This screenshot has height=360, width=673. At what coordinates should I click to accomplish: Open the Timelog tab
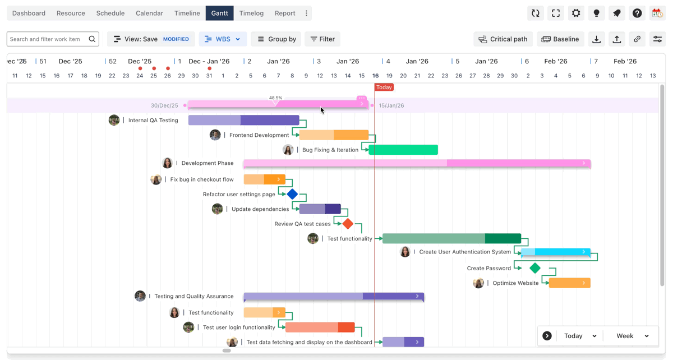[251, 13]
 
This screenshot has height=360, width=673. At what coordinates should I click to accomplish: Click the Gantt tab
[219, 13]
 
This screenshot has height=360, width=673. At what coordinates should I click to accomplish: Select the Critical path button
[503, 39]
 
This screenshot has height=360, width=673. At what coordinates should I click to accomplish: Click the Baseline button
[560, 39]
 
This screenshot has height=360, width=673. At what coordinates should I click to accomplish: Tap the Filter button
[322, 39]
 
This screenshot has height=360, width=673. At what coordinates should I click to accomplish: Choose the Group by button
[276, 39]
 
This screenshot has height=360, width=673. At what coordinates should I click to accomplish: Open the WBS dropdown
[223, 39]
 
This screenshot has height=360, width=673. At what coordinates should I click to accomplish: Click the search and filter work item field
[48, 39]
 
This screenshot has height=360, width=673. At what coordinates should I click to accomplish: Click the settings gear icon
[576, 13]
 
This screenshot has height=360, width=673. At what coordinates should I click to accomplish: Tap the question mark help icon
[637, 13]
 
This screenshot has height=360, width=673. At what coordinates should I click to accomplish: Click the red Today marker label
[384, 87]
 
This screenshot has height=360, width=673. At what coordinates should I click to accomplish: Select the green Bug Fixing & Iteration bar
[403, 150]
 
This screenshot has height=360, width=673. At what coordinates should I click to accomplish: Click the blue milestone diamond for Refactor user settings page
[292, 195]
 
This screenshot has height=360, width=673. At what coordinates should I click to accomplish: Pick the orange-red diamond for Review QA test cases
[348, 224]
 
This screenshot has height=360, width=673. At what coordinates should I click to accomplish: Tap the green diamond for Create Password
[535, 268]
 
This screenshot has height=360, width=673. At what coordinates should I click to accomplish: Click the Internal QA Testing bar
[243, 121]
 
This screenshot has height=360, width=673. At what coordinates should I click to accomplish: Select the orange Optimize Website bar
[569, 283]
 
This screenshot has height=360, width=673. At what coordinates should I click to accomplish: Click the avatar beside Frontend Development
[215, 135]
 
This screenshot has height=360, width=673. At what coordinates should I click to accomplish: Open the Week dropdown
[632, 336]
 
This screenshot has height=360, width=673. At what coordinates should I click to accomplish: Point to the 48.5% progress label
[275, 98]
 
